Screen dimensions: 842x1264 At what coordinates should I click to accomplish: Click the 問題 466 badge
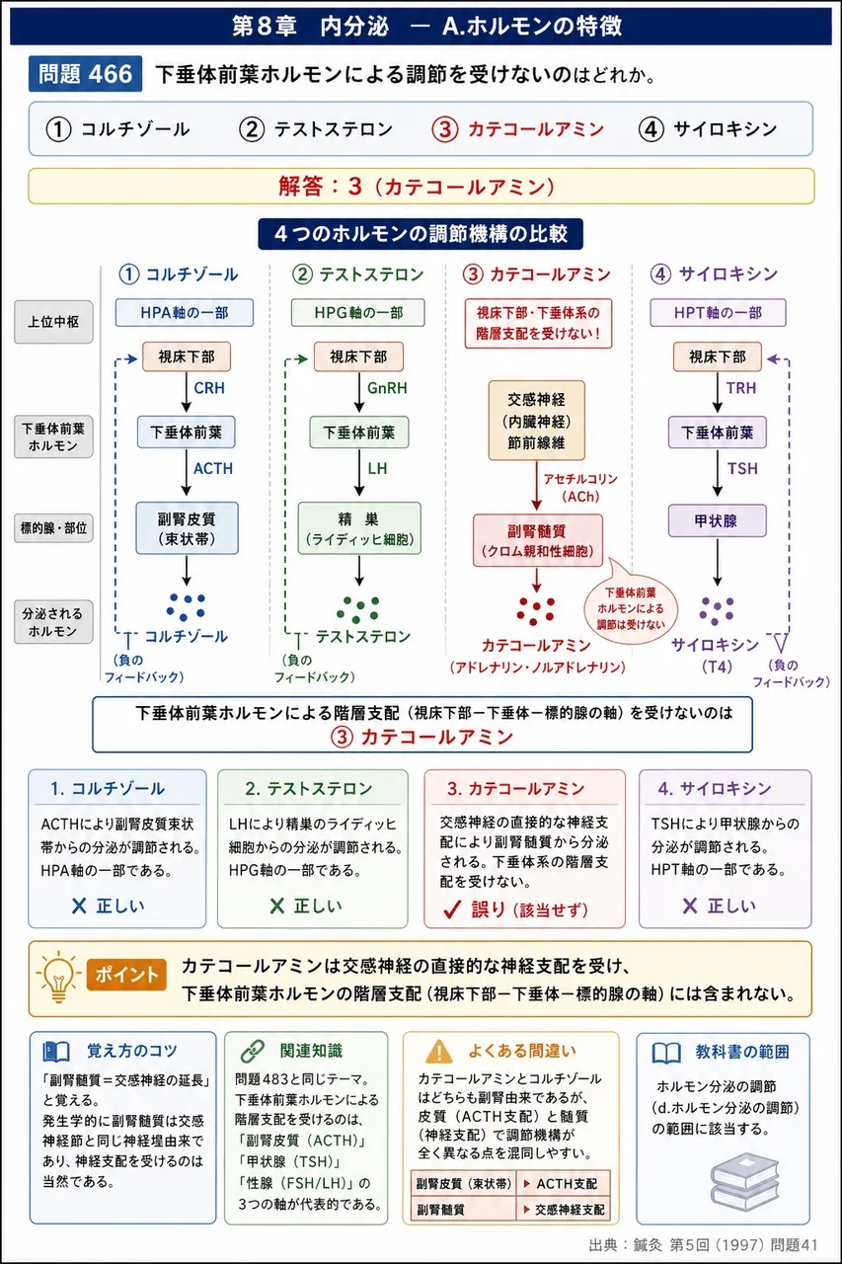click(85, 74)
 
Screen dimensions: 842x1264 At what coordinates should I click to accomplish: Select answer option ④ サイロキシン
click(708, 129)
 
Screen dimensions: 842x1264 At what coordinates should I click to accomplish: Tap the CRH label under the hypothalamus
click(209, 388)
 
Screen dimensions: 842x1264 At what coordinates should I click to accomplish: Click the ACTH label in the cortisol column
click(213, 468)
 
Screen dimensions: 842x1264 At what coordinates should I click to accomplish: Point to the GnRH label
click(387, 388)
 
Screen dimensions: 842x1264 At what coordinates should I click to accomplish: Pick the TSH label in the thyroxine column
click(742, 468)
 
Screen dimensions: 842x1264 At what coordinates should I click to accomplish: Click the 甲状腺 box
click(717, 520)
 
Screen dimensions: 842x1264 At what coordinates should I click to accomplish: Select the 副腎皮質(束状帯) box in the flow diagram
click(187, 528)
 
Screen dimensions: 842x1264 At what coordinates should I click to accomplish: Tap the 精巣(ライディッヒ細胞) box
click(359, 528)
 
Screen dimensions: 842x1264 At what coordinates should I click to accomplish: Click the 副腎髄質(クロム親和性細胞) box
click(537, 540)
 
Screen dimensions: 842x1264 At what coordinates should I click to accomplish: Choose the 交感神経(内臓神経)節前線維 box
click(536, 421)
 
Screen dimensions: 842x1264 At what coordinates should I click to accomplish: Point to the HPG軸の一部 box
click(358, 313)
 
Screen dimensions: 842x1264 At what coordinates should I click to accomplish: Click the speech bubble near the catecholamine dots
click(631, 607)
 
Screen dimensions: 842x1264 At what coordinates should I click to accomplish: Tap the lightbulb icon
click(58, 977)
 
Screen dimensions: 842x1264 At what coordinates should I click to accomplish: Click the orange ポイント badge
click(126, 975)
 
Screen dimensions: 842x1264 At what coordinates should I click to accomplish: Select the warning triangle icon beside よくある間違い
click(439, 1052)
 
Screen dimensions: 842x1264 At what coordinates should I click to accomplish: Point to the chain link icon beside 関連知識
click(253, 1052)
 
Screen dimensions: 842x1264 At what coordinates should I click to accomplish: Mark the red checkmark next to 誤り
click(453, 909)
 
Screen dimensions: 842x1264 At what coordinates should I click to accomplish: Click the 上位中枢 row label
click(53, 322)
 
